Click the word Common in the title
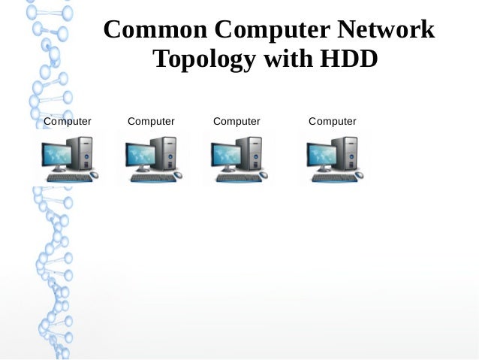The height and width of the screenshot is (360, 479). coord(155,30)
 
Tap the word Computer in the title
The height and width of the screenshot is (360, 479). coord(273,32)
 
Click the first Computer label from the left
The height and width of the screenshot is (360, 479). coord(68,121)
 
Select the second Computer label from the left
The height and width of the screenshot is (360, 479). coord(151,121)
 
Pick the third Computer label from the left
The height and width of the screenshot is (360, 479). coord(236,121)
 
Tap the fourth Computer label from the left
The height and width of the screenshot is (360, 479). coord(333,121)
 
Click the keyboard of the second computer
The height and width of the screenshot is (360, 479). coord(149,178)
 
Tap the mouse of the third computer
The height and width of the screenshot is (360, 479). coord(264,175)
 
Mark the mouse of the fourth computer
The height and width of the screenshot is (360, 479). coord(359,175)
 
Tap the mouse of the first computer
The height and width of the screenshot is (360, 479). coord(94,175)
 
